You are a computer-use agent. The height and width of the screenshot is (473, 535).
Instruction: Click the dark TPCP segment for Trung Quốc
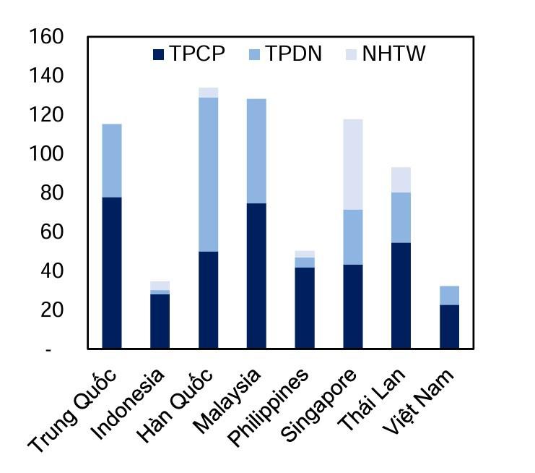click(112, 273)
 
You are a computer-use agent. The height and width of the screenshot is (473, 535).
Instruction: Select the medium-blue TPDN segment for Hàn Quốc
click(208, 174)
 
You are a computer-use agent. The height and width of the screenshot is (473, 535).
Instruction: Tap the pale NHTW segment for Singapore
click(352, 164)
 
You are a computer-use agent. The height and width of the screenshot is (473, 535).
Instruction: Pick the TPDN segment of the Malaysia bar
click(256, 150)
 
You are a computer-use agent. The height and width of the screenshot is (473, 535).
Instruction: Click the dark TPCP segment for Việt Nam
click(449, 326)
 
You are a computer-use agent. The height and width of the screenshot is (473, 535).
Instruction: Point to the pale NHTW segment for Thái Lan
click(401, 179)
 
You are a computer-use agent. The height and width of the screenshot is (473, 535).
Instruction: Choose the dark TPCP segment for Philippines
click(305, 308)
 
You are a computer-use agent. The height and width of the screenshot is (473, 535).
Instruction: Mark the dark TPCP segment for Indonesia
click(160, 321)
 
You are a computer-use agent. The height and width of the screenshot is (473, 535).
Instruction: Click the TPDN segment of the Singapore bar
click(352, 237)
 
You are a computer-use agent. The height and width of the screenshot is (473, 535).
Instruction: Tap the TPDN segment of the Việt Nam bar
click(449, 295)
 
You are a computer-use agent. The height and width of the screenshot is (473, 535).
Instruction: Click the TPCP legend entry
click(189, 54)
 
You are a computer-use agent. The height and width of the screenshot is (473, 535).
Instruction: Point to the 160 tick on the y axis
click(48, 36)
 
